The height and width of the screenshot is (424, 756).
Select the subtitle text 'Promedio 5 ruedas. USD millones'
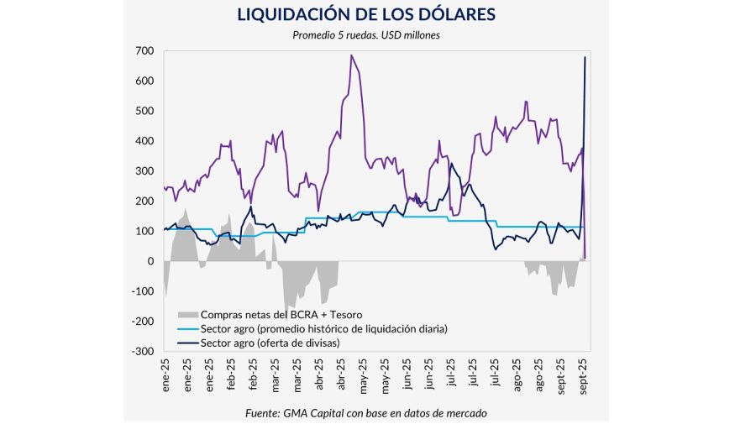tap(365, 34)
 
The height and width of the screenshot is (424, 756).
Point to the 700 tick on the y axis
tap(144, 51)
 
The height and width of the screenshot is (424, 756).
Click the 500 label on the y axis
tap(144, 111)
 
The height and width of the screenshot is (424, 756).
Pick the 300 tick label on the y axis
tap(144, 171)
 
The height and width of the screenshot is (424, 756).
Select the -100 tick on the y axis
tap(142, 291)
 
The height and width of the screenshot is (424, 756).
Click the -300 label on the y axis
tap(142, 352)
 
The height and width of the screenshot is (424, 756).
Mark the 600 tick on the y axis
tap(144, 81)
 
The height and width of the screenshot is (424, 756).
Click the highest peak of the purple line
tap(351, 55)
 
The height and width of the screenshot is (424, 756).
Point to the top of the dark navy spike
tap(585, 57)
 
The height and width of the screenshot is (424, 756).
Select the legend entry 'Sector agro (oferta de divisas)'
tap(276, 343)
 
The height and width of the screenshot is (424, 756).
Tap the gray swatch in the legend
tap(192, 314)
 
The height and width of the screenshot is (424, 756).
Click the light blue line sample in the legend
tap(192, 328)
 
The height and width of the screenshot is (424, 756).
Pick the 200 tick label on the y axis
tap(144, 202)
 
